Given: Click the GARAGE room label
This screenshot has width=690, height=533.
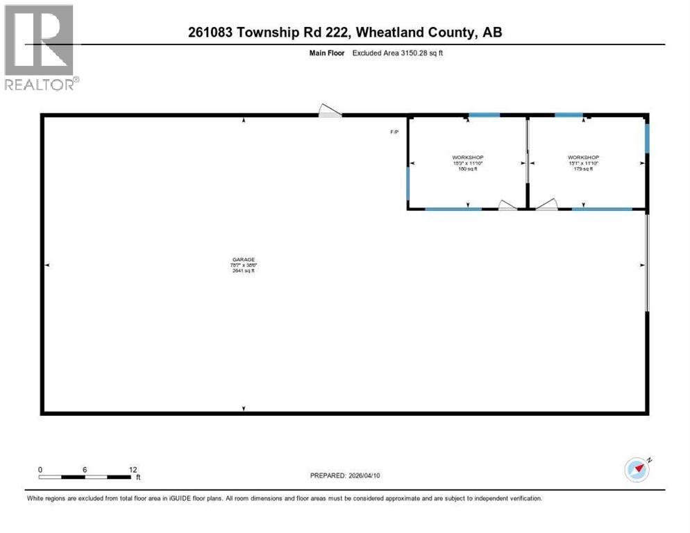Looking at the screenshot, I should click(x=243, y=260).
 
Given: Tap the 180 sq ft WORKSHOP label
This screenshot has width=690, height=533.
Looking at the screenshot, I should click(x=466, y=158).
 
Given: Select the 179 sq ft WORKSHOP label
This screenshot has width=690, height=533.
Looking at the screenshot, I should click(x=582, y=158).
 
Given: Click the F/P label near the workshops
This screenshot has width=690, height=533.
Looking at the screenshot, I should click(x=394, y=132).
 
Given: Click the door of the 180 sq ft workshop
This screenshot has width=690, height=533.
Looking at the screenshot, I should click(x=507, y=204).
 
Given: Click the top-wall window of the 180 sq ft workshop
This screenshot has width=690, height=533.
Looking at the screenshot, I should click(x=480, y=115).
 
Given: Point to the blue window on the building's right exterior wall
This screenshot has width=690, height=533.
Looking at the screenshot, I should click(x=647, y=137).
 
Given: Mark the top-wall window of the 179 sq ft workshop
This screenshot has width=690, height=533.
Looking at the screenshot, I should click(x=569, y=115).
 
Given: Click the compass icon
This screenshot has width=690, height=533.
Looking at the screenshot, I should click(x=637, y=470).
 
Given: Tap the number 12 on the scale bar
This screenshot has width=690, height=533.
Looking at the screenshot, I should click(x=133, y=469).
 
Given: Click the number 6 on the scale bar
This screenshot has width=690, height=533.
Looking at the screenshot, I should click(x=85, y=469).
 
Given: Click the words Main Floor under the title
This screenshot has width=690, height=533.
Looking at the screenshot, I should click(x=326, y=53).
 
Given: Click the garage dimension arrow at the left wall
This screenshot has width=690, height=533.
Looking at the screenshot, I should click(x=47, y=265).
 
